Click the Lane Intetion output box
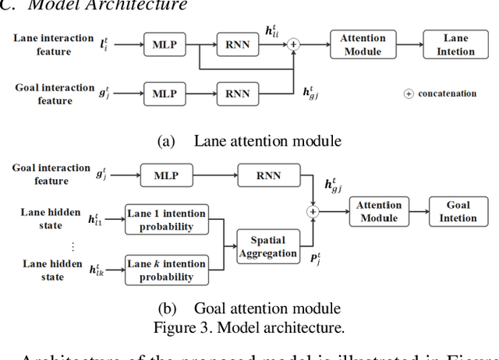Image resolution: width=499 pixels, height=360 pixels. coord(456,44)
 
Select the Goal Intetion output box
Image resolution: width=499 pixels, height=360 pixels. coord(458,211)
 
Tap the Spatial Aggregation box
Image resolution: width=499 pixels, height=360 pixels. coord(267,246)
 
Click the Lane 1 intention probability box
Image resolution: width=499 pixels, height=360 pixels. coord(166,221)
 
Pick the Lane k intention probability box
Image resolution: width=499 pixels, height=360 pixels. coord(166,270)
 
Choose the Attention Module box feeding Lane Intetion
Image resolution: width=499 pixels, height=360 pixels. coord(362,44)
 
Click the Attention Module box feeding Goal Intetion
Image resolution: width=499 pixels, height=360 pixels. coord(379,211)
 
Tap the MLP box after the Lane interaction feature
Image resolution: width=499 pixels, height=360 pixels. coord(165,44)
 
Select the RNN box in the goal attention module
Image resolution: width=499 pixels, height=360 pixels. coord(267,176)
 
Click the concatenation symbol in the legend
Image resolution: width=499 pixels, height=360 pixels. coord(408,94)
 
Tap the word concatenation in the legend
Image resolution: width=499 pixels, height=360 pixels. coord(447,94)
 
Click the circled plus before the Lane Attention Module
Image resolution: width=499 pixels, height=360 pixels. coord(293,44)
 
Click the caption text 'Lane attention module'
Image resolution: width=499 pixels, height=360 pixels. coord(267,141)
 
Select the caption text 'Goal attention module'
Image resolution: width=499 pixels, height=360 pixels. coord(267,308)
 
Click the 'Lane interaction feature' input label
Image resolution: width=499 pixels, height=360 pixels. coord(53,44)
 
